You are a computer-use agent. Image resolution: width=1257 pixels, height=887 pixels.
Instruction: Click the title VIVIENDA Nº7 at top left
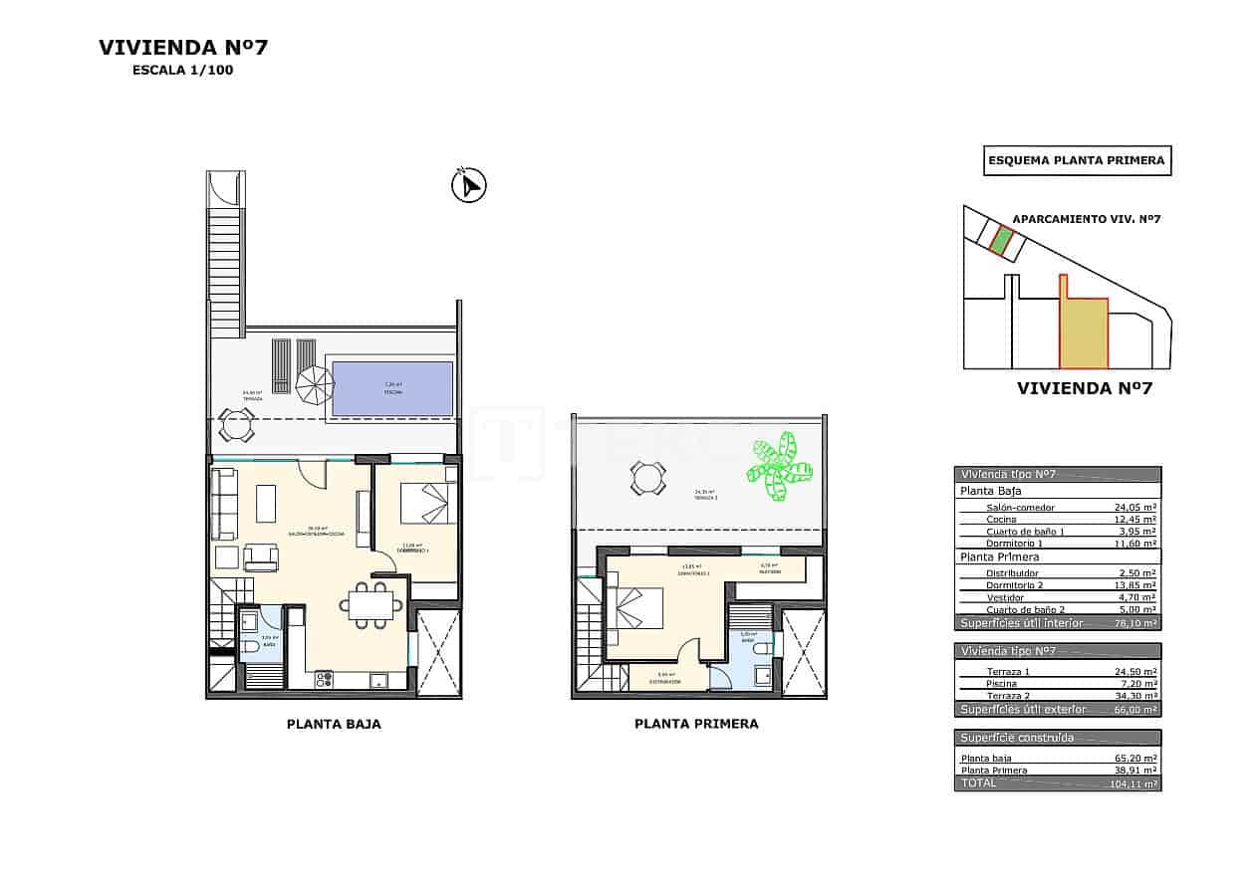[x=183, y=47]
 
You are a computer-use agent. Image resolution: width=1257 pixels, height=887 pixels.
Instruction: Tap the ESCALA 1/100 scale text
[x=182, y=71]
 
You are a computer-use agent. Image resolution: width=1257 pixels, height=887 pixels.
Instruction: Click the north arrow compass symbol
[x=468, y=186]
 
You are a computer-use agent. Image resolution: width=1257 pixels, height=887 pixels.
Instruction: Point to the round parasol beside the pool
[x=315, y=384]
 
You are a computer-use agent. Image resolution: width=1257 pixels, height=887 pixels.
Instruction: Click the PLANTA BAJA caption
[x=333, y=725]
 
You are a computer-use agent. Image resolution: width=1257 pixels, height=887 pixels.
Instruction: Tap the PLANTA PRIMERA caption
[x=695, y=725]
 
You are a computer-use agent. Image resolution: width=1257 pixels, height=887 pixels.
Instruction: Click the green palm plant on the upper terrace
[x=779, y=468]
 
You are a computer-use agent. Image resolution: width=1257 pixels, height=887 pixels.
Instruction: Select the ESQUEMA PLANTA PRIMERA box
[x=1077, y=160]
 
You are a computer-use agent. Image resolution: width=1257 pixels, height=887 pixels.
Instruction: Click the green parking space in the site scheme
[x=1001, y=239]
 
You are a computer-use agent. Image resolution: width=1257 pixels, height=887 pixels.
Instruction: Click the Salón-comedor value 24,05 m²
[x=1134, y=508]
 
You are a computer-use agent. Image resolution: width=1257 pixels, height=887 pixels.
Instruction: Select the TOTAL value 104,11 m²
[x=1133, y=784]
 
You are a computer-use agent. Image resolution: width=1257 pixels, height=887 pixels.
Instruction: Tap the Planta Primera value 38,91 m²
[x=1134, y=771]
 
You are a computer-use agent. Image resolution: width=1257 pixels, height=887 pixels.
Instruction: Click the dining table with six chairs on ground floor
[x=371, y=604]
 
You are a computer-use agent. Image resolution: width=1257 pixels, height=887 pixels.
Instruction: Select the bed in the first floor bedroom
[x=628, y=609]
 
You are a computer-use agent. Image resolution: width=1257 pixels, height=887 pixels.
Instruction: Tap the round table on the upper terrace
[x=647, y=479]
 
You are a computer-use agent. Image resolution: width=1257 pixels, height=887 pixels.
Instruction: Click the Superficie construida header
[x=1016, y=738]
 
